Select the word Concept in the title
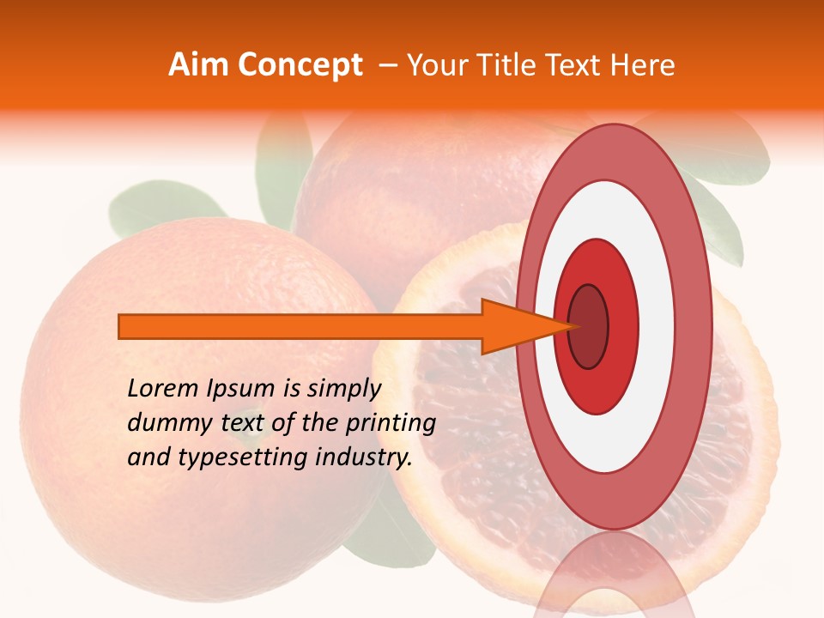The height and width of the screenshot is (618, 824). (x=300, y=65)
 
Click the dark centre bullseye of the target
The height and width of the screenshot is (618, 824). (x=588, y=326)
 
